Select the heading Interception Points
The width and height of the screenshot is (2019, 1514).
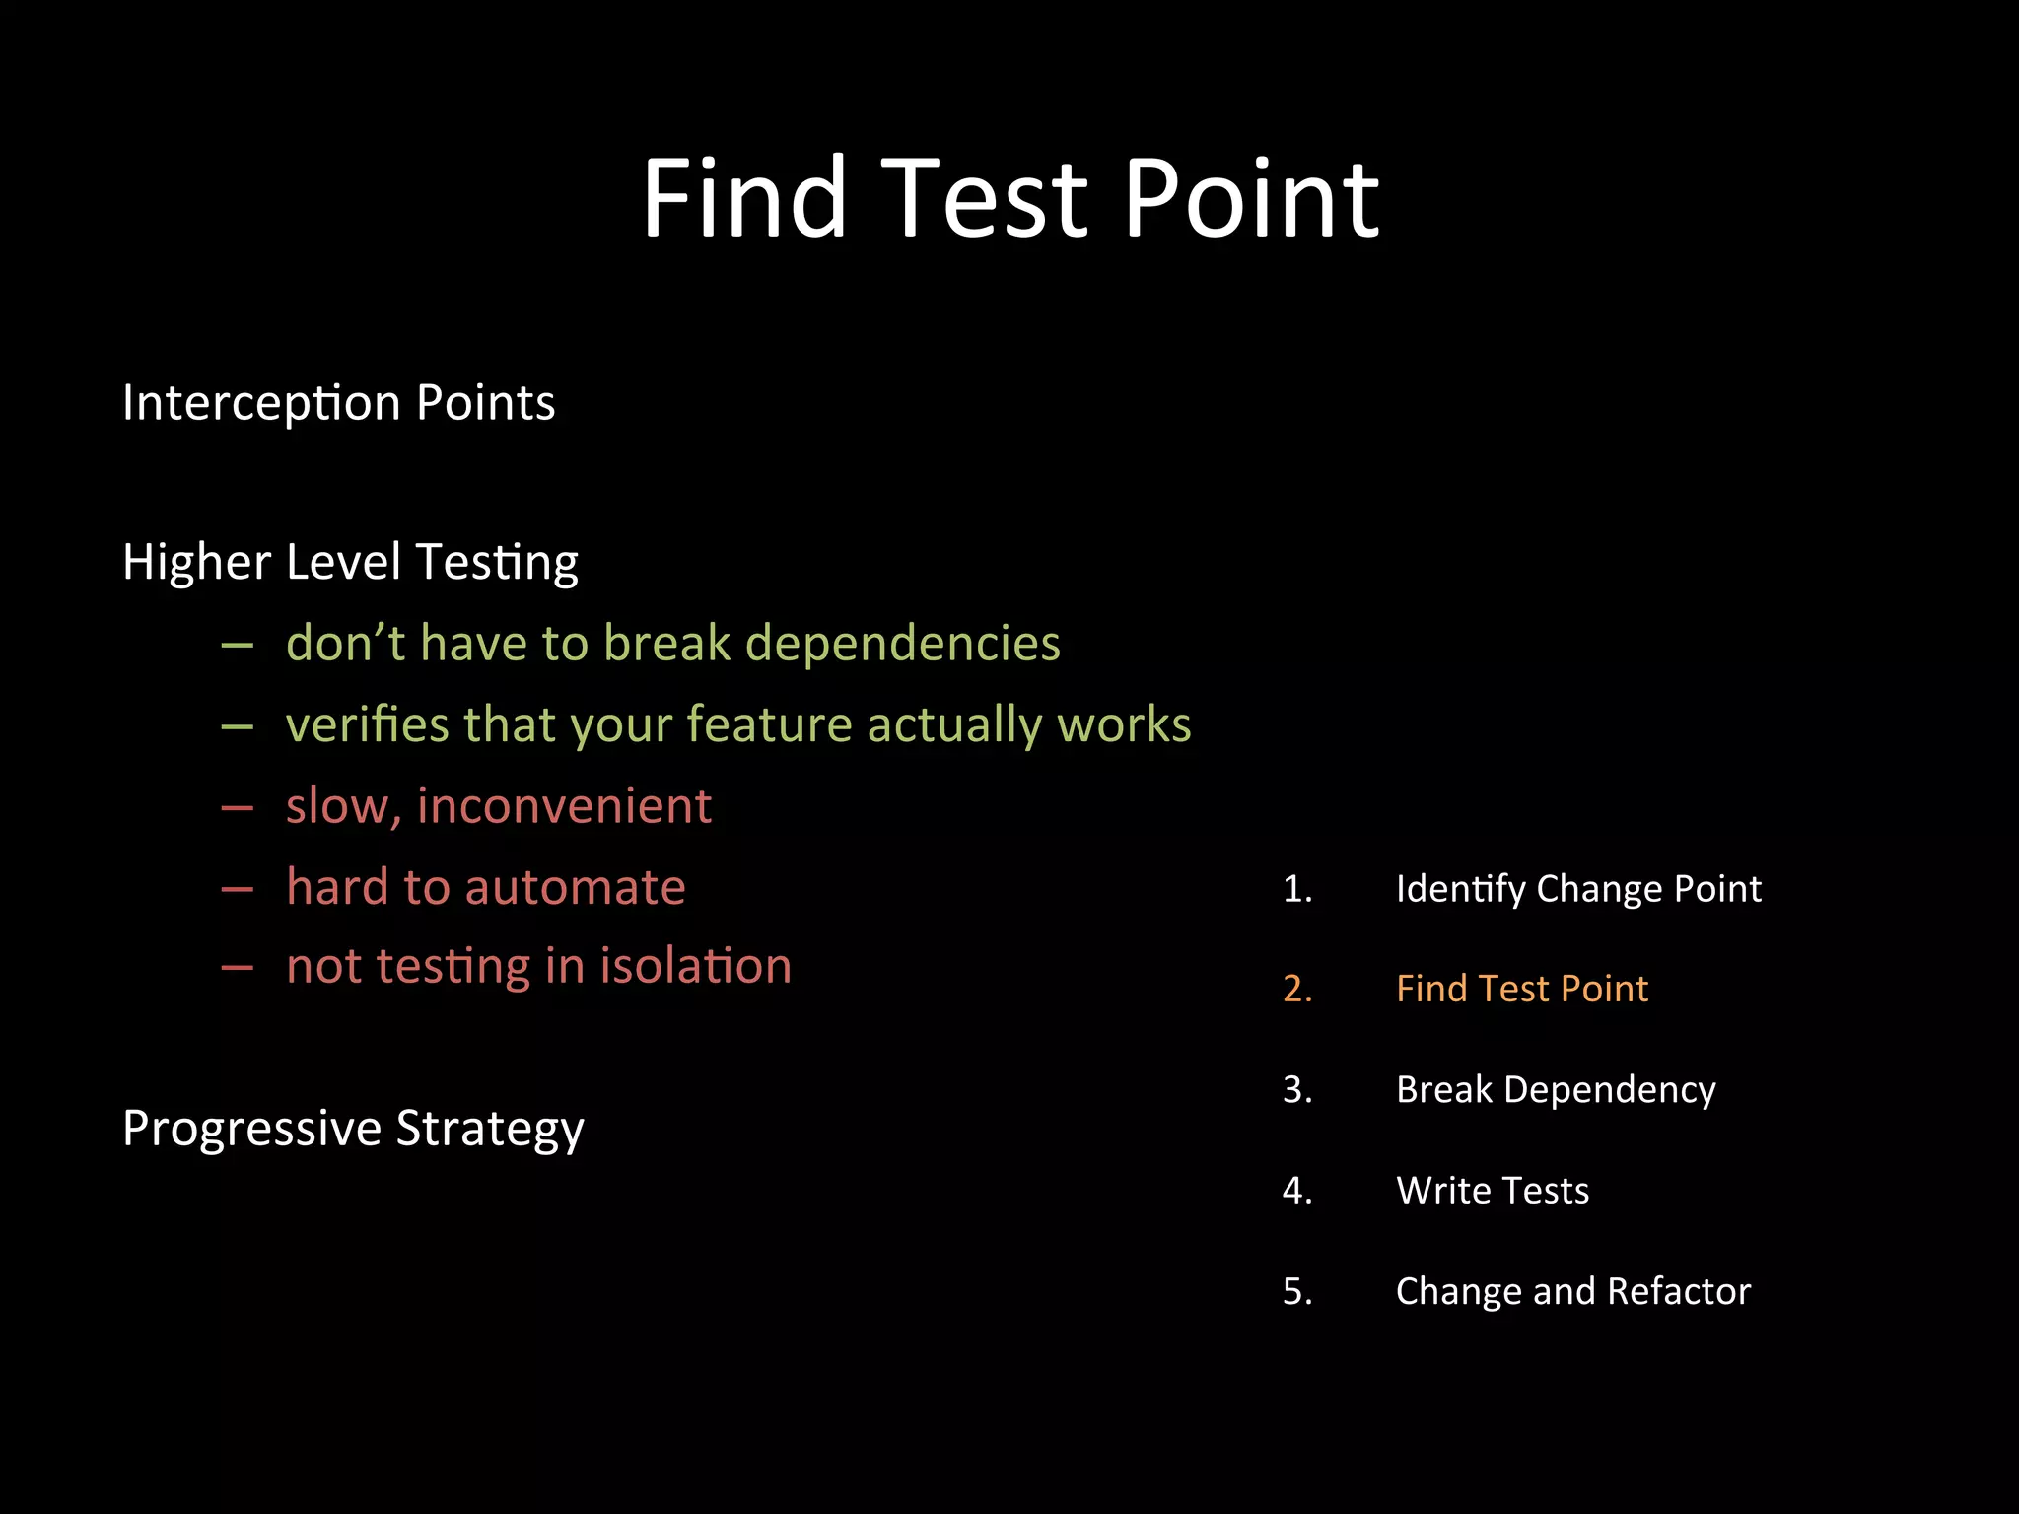pos(338,402)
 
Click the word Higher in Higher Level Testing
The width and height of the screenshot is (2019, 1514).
pos(196,562)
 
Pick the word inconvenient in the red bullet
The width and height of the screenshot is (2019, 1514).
pos(564,805)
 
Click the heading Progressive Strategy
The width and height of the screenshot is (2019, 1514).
pos(353,1128)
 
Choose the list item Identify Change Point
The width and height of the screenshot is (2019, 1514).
pos(1578,889)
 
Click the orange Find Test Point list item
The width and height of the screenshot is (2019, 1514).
pos(1522,989)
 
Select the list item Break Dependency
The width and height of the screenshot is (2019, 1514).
pos(1556,1089)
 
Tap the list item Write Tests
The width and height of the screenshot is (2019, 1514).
pos(1493,1191)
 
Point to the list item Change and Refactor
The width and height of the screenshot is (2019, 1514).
pos(1573,1291)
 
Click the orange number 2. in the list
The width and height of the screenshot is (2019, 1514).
pos(1297,989)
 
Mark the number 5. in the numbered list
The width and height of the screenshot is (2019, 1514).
pos(1297,1291)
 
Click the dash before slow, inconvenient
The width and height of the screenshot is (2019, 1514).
pos(238,807)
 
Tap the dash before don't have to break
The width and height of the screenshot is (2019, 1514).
pos(238,646)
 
